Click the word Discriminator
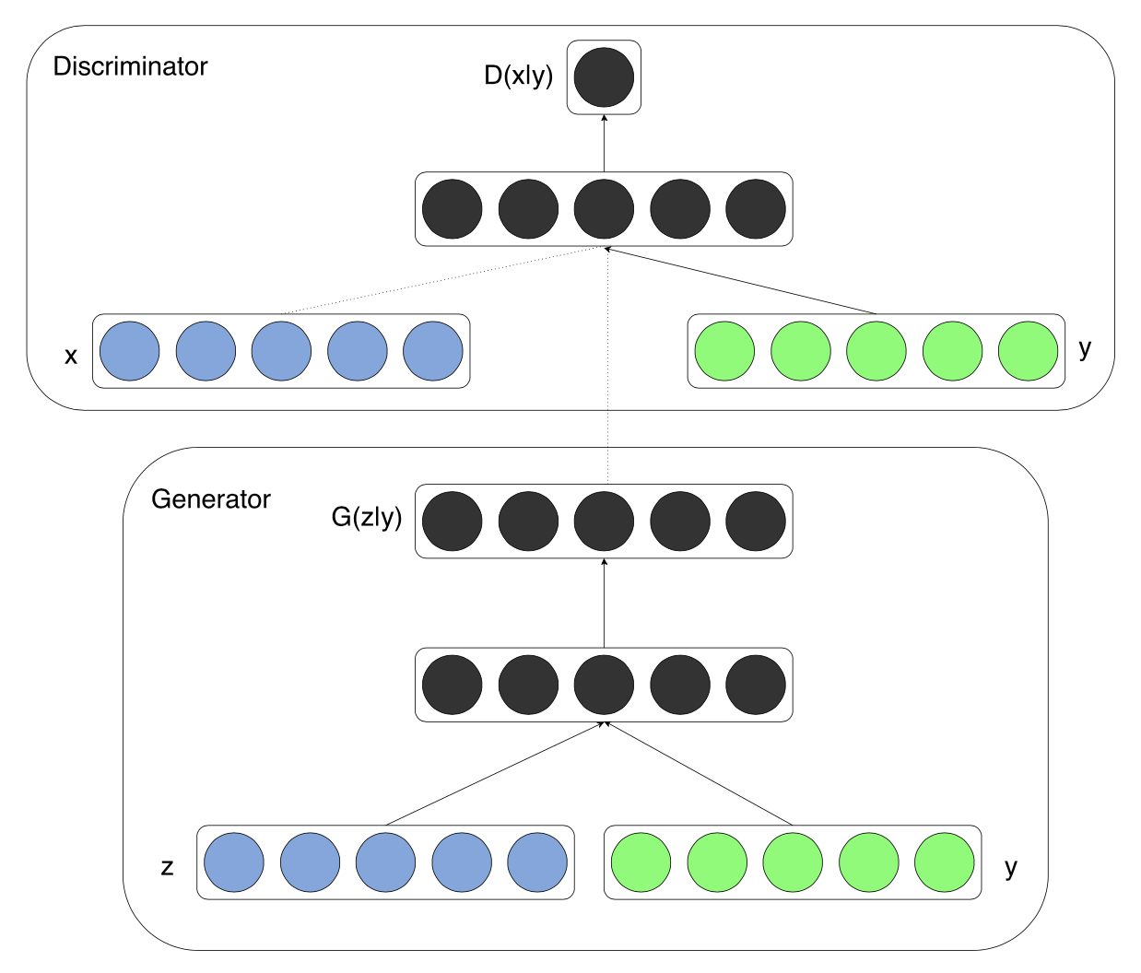130,66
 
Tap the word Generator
211,499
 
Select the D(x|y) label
518,76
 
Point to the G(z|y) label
367,518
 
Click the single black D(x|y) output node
604,77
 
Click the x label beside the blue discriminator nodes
71,356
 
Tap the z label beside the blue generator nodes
167,867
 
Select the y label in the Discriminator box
1085,349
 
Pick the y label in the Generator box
1011,868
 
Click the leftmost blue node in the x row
130,351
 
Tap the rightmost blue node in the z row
537,862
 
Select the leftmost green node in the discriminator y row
724,351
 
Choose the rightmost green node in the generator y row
945,862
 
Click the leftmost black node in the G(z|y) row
453,521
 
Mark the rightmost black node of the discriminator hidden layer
756,208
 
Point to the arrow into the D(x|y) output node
604,143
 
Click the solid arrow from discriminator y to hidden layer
740,281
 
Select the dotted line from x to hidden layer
441,280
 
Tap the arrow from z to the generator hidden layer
495,773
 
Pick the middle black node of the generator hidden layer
604,685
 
